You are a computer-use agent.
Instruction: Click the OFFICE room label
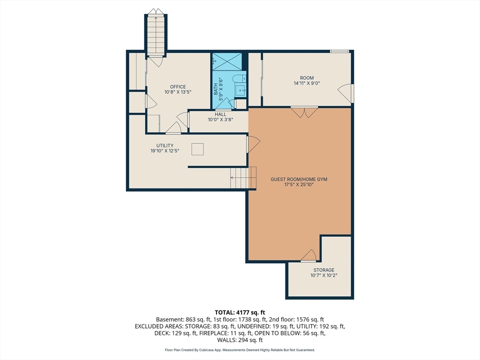tap(178, 87)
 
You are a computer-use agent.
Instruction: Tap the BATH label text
tap(216, 89)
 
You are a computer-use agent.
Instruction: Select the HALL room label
tap(220, 114)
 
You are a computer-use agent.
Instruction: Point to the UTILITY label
tap(165, 145)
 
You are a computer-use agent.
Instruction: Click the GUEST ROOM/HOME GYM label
tap(299, 179)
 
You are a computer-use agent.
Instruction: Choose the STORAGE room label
tap(324, 270)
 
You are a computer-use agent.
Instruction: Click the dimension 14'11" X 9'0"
tap(307, 83)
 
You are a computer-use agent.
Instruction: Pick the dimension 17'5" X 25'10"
tap(299, 184)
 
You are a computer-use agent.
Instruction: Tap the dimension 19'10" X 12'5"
tap(165, 150)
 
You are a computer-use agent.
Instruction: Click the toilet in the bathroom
tap(239, 78)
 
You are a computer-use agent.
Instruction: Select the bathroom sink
tap(240, 90)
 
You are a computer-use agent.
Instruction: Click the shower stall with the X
tap(227, 61)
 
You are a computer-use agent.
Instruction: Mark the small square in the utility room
tap(197, 149)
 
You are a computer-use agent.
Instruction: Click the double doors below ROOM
tap(304, 112)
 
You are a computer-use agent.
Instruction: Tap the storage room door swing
tap(308, 255)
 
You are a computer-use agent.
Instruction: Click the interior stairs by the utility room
tap(243, 178)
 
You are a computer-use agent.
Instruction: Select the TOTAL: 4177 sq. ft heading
tap(240, 313)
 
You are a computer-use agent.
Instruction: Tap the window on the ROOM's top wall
tap(339, 51)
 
